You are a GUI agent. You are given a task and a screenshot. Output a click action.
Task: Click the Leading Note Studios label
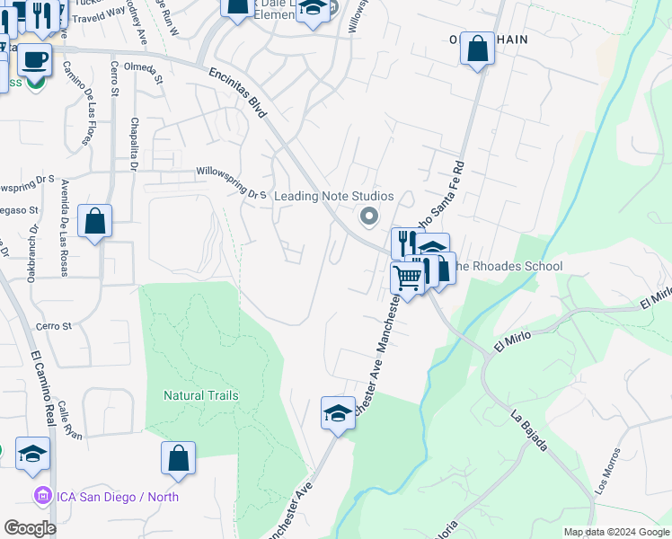pyautogui.click(x=333, y=196)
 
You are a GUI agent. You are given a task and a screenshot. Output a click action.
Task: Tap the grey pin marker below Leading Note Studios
pyautogui.click(x=367, y=216)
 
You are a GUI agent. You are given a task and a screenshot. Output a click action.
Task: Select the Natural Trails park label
pyautogui.click(x=201, y=395)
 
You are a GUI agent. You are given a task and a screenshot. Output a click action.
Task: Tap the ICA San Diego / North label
pyautogui.click(x=119, y=497)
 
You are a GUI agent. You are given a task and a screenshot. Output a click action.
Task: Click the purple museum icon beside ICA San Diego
pyautogui.click(x=41, y=496)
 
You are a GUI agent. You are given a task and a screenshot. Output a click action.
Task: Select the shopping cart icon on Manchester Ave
pyautogui.click(x=408, y=278)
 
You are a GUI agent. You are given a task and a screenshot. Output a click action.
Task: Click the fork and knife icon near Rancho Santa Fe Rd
pyautogui.click(x=406, y=242)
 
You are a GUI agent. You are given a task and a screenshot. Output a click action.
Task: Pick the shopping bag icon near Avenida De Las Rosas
pyautogui.click(x=94, y=221)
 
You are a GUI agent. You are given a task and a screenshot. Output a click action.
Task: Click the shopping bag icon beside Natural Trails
pyautogui.click(x=179, y=457)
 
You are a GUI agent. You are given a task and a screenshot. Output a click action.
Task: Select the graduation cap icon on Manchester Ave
pyautogui.click(x=338, y=413)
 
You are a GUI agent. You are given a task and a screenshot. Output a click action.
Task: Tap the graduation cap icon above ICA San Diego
pyautogui.click(x=32, y=454)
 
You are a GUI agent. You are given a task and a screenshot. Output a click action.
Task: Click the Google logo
pyautogui.click(x=31, y=528)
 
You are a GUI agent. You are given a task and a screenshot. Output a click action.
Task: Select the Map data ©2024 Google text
pyautogui.click(x=615, y=532)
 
